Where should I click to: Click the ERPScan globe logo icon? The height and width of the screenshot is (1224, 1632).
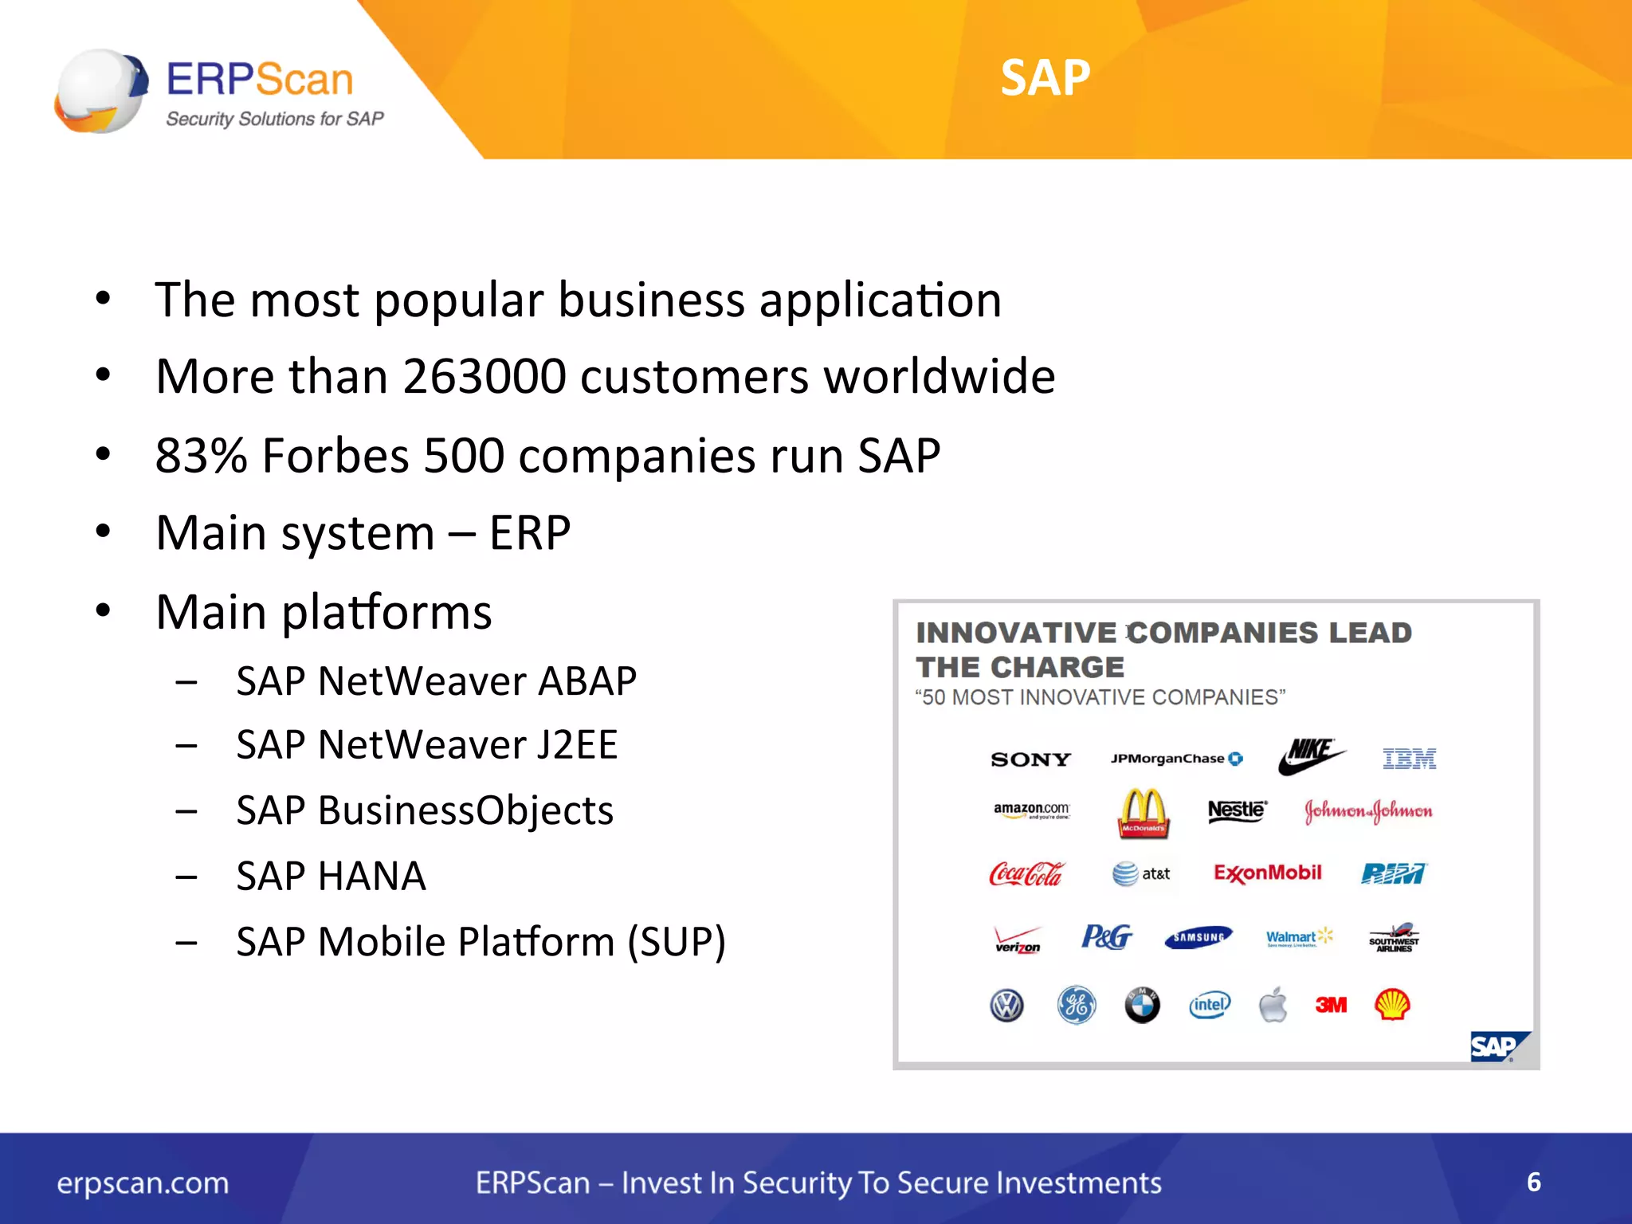click(x=100, y=91)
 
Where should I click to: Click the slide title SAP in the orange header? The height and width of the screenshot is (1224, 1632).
click(x=1045, y=78)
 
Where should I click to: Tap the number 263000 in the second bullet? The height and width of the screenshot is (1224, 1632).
click(x=484, y=376)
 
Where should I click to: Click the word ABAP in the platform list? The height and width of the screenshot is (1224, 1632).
click(x=587, y=681)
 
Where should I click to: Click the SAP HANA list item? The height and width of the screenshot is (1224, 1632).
click(x=331, y=877)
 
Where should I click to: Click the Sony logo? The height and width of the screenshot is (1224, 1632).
click(x=1030, y=759)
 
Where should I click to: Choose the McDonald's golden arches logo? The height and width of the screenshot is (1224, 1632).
click(x=1143, y=812)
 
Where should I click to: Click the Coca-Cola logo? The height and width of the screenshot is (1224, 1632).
click(x=1026, y=874)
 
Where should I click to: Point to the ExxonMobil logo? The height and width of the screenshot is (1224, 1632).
click(x=1267, y=873)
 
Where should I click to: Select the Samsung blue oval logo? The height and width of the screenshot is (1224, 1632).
click(x=1198, y=937)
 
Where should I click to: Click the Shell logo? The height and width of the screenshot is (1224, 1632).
click(x=1392, y=1005)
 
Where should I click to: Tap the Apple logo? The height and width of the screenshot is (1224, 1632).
click(x=1273, y=1005)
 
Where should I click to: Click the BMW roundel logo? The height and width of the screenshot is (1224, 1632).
click(x=1142, y=1006)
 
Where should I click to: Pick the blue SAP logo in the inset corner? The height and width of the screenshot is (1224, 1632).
click(x=1497, y=1046)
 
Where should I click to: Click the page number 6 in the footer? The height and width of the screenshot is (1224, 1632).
click(x=1533, y=1182)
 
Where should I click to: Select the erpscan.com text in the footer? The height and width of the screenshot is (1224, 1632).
click(x=143, y=1183)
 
